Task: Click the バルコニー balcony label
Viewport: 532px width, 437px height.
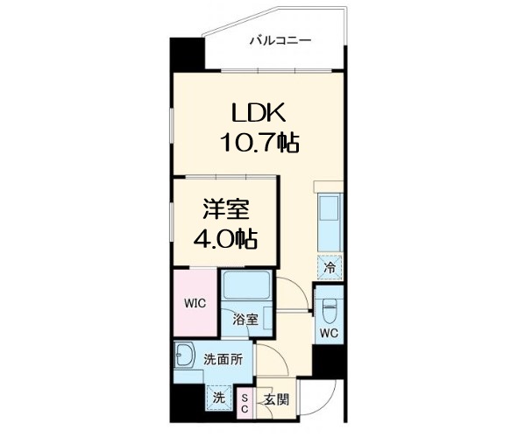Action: [x=280, y=39]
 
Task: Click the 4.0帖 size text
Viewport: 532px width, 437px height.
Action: [x=225, y=238]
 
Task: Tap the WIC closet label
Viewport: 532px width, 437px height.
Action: [x=194, y=303]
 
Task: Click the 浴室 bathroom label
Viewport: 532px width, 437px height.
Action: [x=246, y=320]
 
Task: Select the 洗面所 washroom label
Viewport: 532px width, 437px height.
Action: [x=223, y=359]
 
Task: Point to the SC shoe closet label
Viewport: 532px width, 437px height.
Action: [x=245, y=403]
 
